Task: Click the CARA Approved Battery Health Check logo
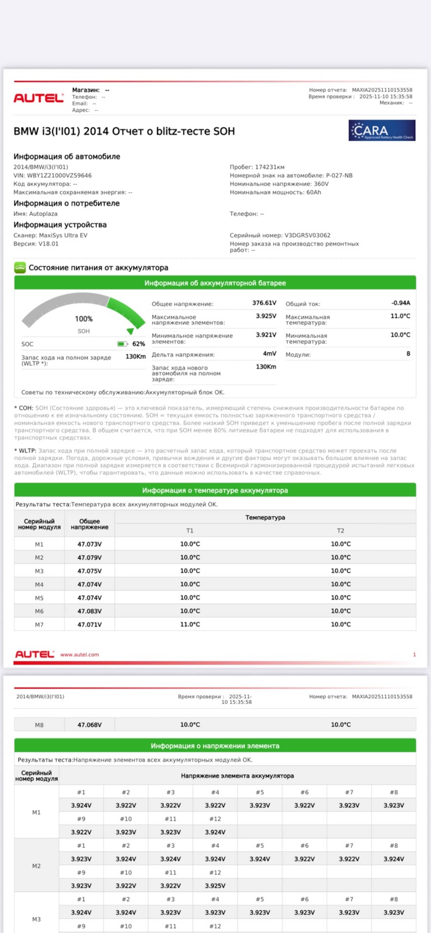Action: coord(382,130)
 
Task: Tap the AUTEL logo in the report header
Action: coord(38,98)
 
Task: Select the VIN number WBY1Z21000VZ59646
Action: coord(59,176)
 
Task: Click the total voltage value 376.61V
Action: coord(264,303)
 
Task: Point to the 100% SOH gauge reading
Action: coord(84,319)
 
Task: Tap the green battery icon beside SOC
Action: coord(122,344)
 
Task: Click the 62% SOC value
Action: coord(138,344)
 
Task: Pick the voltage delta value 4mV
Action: coord(269,353)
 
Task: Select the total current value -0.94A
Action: coord(401,303)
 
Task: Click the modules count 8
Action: coord(408,353)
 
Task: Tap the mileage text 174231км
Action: coord(270,167)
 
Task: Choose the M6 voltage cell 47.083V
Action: coord(90,611)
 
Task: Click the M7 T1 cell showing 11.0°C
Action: coord(190,625)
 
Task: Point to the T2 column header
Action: coord(340,531)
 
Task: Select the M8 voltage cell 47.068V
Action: coord(90,725)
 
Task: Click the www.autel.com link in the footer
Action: coord(79,655)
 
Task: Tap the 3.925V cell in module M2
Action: coord(215,886)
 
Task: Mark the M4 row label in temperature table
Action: coord(39,585)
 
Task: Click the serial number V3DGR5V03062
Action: coord(307,235)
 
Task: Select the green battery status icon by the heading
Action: coord(20,268)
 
